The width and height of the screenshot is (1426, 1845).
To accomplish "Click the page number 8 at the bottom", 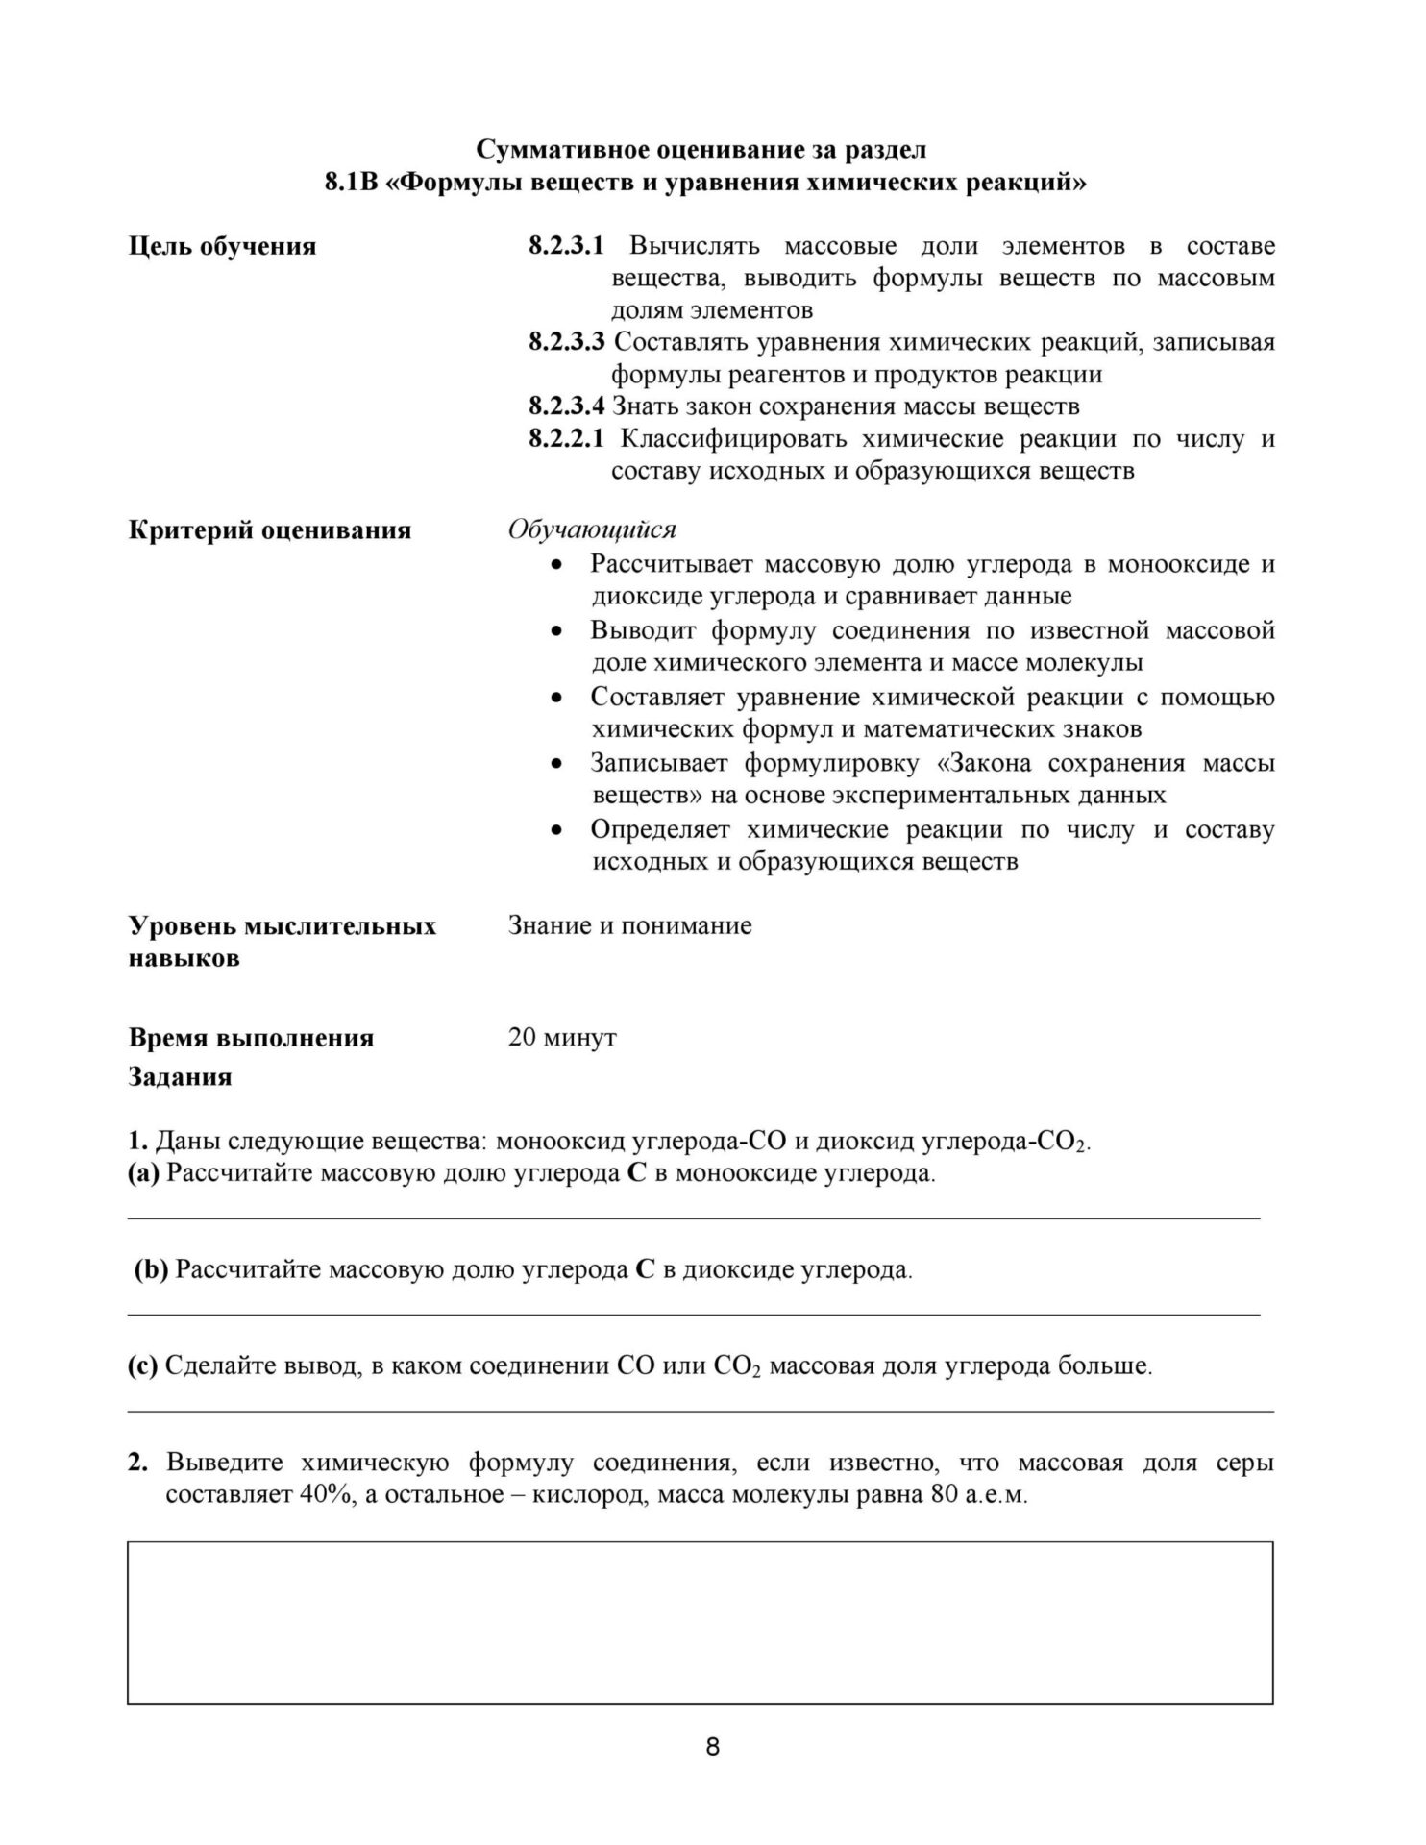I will click(712, 1746).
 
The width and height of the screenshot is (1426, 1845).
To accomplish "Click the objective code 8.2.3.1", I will click(566, 246).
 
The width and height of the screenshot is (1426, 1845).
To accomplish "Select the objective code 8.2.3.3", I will click(567, 342).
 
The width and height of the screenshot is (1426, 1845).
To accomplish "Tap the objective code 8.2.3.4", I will click(567, 406).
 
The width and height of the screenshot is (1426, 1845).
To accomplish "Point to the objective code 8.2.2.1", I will click(566, 439).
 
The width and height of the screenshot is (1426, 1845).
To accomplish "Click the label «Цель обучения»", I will click(222, 247).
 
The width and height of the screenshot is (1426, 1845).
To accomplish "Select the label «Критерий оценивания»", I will click(270, 530).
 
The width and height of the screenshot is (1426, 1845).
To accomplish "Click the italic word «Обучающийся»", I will click(592, 529).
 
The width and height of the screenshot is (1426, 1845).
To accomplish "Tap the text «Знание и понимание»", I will click(629, 926).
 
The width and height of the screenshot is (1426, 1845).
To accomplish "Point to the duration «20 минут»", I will click(562, 1038).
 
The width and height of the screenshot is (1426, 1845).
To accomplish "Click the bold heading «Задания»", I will click(180, 1077).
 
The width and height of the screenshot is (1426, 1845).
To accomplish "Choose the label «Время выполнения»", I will click(251, 1039).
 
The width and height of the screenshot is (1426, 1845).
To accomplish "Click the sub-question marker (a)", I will click(143, 1173).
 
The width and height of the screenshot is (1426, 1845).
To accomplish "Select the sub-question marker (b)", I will click(151, 1269).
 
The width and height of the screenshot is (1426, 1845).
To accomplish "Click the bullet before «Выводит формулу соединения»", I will click(556, 631).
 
